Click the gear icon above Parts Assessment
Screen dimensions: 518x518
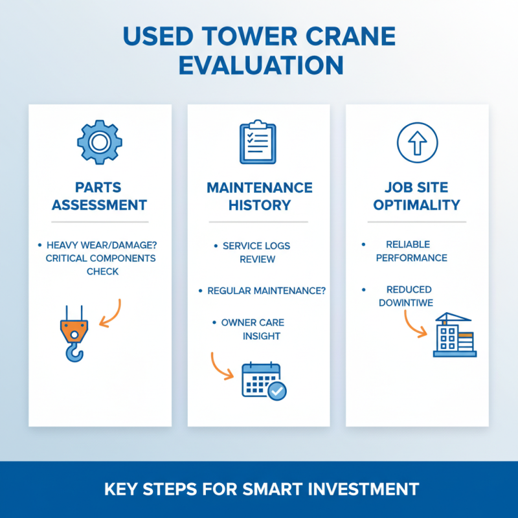click(x=100, y=141)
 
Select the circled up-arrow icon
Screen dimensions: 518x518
click(x=417, y=141)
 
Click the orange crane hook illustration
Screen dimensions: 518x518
click(x=74, y=333)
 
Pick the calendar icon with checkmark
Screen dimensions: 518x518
click(x=263, y=381)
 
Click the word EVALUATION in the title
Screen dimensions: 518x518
click(x=259, y=65)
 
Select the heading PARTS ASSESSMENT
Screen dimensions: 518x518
click(x=100, y=196)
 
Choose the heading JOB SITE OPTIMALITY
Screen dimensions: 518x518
click(x=417, y=196)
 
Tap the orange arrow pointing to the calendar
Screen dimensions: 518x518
click(x=222, y=367)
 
